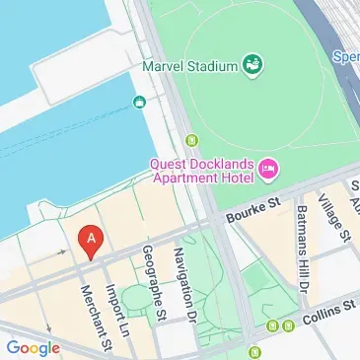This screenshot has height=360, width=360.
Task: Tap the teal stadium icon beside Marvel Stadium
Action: (253, 65)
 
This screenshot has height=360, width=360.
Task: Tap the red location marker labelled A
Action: (92, 241)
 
